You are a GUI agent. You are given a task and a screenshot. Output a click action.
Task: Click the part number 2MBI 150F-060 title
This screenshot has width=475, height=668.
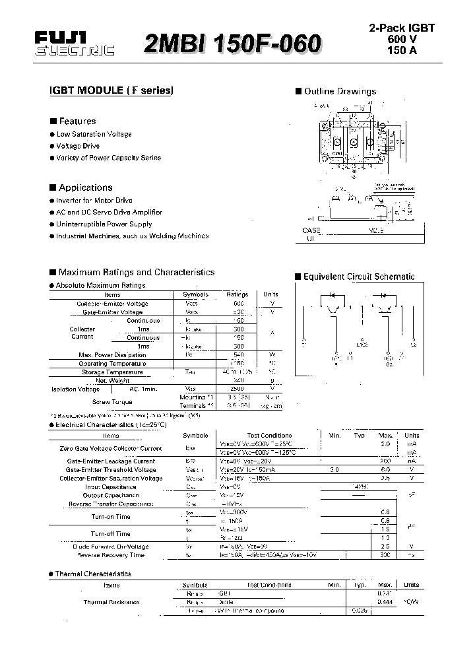pos(233,44)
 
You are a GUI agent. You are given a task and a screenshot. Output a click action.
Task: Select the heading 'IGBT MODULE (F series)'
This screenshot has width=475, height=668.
pos(111,91)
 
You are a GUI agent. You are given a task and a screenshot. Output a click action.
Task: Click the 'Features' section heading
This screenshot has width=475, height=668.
pos(77,121)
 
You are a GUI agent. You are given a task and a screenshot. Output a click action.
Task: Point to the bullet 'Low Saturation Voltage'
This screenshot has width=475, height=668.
pos(94,134)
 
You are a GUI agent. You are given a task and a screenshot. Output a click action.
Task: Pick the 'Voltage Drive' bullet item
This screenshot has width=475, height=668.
pos(78,146)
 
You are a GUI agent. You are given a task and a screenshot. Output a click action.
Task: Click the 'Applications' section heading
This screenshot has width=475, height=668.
pos(85,187)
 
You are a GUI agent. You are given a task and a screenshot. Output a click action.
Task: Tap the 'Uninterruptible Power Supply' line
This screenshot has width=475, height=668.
pos(104,224)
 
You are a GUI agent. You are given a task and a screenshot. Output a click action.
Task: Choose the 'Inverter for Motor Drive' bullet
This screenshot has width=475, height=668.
pos(94,200)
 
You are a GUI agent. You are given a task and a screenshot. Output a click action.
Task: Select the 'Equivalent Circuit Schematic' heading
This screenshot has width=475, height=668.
pos(358,277)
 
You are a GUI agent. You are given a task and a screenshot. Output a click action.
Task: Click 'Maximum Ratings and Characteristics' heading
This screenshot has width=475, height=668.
pos(136,272)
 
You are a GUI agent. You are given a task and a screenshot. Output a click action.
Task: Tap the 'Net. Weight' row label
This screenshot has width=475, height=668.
pos(112,381)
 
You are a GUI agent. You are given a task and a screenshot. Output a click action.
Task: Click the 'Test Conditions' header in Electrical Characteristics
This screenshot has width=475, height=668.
pos(269,436)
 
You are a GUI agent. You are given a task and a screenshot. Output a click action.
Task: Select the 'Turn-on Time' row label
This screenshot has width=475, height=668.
pos(111,516)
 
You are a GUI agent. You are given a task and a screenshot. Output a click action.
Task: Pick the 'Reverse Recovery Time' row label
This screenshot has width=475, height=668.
pos(111,555)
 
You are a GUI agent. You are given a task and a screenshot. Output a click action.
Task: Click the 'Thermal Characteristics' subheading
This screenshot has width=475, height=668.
pos(93,574)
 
